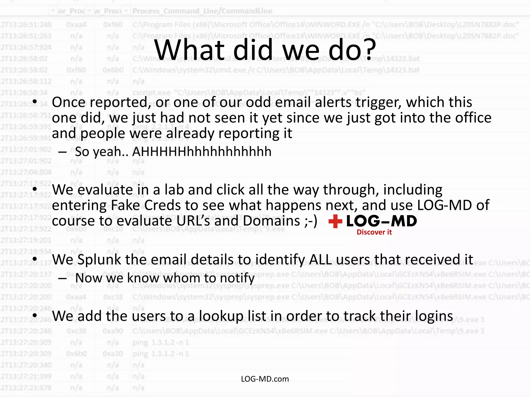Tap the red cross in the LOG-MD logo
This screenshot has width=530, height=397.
(x=335, y=221)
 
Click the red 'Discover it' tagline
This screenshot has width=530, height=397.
(x=374, y=232)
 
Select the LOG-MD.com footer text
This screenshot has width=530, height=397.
(x=265, y=379)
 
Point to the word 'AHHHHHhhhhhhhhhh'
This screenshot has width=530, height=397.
(x=202, y=152)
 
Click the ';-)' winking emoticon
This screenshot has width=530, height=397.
(x=310, y=221)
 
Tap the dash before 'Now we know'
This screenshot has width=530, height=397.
(x=63, y=278)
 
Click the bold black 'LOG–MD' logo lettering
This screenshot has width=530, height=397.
(x=381, y=221)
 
